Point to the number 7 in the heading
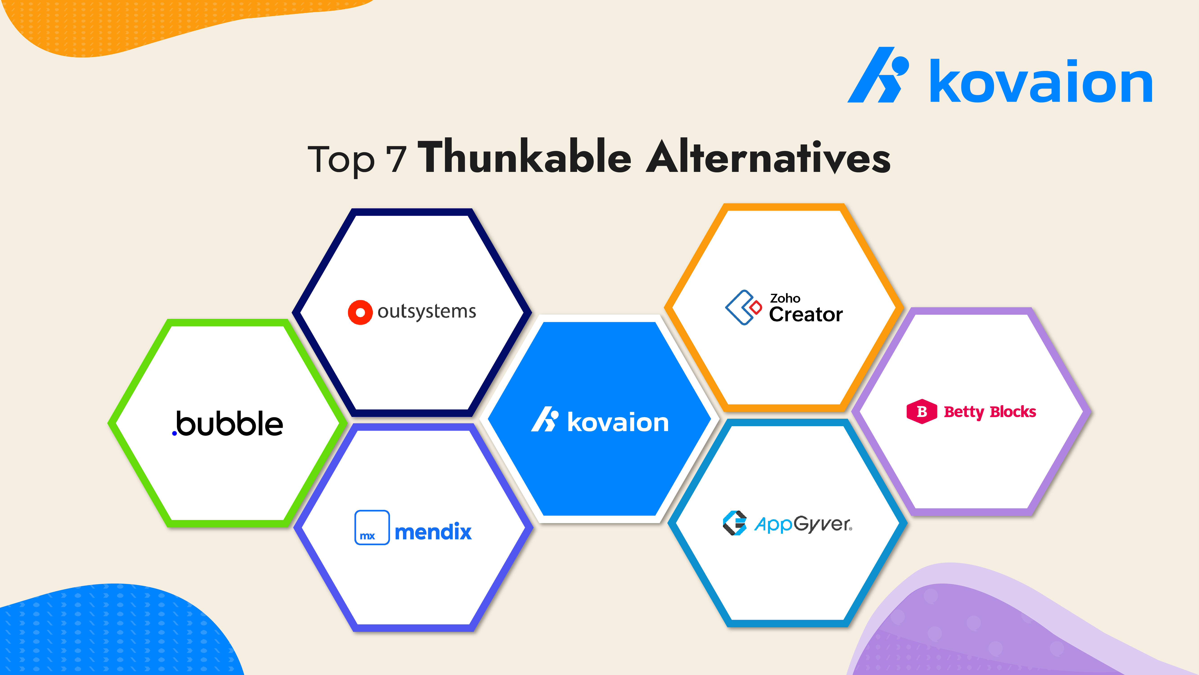(x=396, y=159)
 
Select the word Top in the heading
(x=341, y=161)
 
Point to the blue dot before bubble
(x=174, y=434)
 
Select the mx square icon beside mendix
(x=372, y=527)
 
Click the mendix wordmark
(x=433, y=531)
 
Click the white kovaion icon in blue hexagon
(x=545, y=419)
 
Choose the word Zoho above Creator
(x=785, y=298)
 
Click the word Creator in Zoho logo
(x=806, y=315)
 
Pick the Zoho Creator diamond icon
(x=743, y=307)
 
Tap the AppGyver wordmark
(x=803, y=524)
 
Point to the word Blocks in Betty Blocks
(x=1013, y=412)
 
